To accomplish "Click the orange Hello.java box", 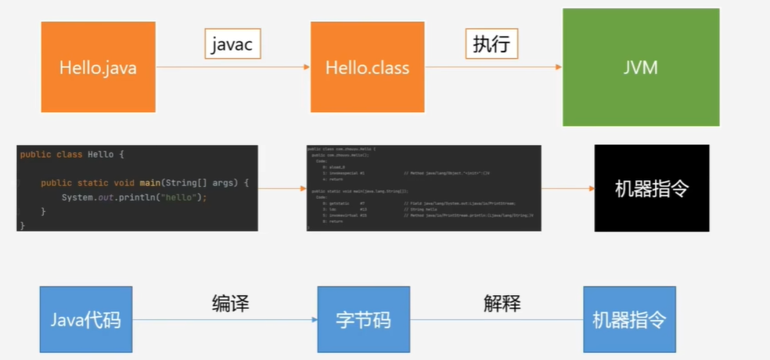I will coord(98,68).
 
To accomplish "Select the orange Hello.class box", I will coord(367,68).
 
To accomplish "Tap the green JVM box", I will coord(640,67).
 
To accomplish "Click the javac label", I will coord(232,45).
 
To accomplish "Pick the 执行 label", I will coord(491,45).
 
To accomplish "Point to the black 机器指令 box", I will coord(652,188).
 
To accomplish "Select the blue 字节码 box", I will coord(362,319).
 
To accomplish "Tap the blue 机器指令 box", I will coord(629,319).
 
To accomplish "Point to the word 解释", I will coord(502,304).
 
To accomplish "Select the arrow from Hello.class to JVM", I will coord(493,68).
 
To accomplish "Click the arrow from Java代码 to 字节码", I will coord(225,320).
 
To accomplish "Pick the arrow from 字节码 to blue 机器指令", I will coord(496,320).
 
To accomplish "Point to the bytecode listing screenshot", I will coord(423,188).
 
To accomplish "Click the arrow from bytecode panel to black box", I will coord(567,189).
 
